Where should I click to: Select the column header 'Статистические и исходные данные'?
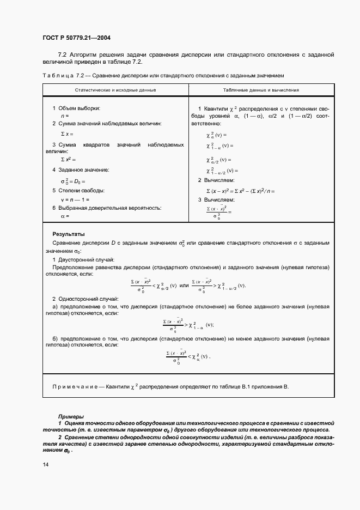point(115,89)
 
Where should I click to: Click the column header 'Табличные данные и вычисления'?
point(261,89)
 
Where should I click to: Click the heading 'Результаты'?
point(69,233)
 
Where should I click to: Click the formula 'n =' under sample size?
point(65,116)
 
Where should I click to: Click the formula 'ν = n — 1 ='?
point(76,199)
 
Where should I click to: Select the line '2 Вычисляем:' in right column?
point(216,180)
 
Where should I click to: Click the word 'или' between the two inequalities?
point(184,285)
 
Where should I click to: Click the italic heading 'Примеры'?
point(71,416)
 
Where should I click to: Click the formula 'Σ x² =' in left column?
point(66,159)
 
